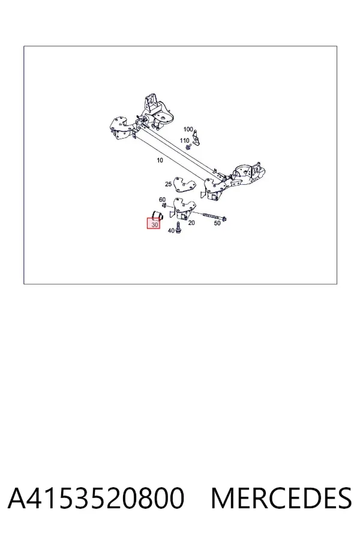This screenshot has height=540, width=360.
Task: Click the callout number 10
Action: [160, 160]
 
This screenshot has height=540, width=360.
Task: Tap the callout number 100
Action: [188, 129]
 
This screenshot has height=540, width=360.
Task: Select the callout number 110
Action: [185, 140]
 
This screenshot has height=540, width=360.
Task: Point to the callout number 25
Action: [168, 184]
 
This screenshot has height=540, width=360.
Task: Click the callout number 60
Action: [162, 200]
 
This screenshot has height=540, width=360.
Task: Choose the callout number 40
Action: [171, 231]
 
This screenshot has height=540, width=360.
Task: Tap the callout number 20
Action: [191, 223]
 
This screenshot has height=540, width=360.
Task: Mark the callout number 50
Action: [217, 223]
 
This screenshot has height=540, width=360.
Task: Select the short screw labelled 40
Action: [178, 227]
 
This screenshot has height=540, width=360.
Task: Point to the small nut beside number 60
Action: [164, 206]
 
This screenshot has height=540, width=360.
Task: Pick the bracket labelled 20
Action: [182, 209]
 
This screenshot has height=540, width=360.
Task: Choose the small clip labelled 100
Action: [196, 137]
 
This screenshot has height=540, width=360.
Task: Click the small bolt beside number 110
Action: [188, 147]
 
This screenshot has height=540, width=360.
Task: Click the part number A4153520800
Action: [96, 498]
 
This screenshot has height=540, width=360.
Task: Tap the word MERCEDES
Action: [281, 498]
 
